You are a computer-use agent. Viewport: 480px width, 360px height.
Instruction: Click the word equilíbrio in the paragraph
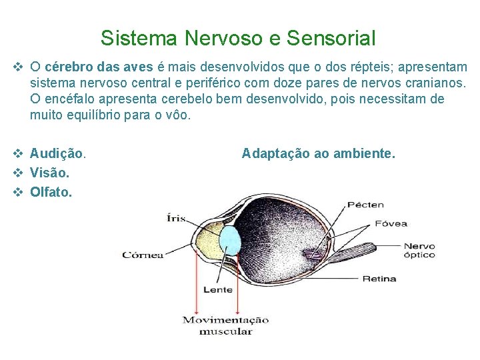[x=91, y=115]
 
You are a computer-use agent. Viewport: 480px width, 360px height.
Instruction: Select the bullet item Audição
[x=58, y=154]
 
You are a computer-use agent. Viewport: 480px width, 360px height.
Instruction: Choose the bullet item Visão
[x=50, y=173]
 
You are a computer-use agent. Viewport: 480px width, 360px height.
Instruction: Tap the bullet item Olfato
[x=51, y=192]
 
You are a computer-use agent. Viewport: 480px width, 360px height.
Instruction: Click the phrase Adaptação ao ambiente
[x=318, y=154]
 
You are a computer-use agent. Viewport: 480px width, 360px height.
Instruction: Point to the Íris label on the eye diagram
[x=177, y=218]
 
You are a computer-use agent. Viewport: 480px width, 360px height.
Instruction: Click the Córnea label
[x=143, y=255]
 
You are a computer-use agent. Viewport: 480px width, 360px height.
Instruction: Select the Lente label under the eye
[x=218, y=289]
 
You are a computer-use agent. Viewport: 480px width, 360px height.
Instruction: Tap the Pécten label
[x=364, y=204]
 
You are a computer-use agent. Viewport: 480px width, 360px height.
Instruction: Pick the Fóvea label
[x=391, y=223]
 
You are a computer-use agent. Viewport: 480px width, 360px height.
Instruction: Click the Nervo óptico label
[x=419, y=250]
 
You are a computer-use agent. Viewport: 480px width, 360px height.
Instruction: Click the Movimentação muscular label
[x=226, y=325]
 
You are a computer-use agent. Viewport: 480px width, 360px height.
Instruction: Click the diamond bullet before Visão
[x=18, y=173]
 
